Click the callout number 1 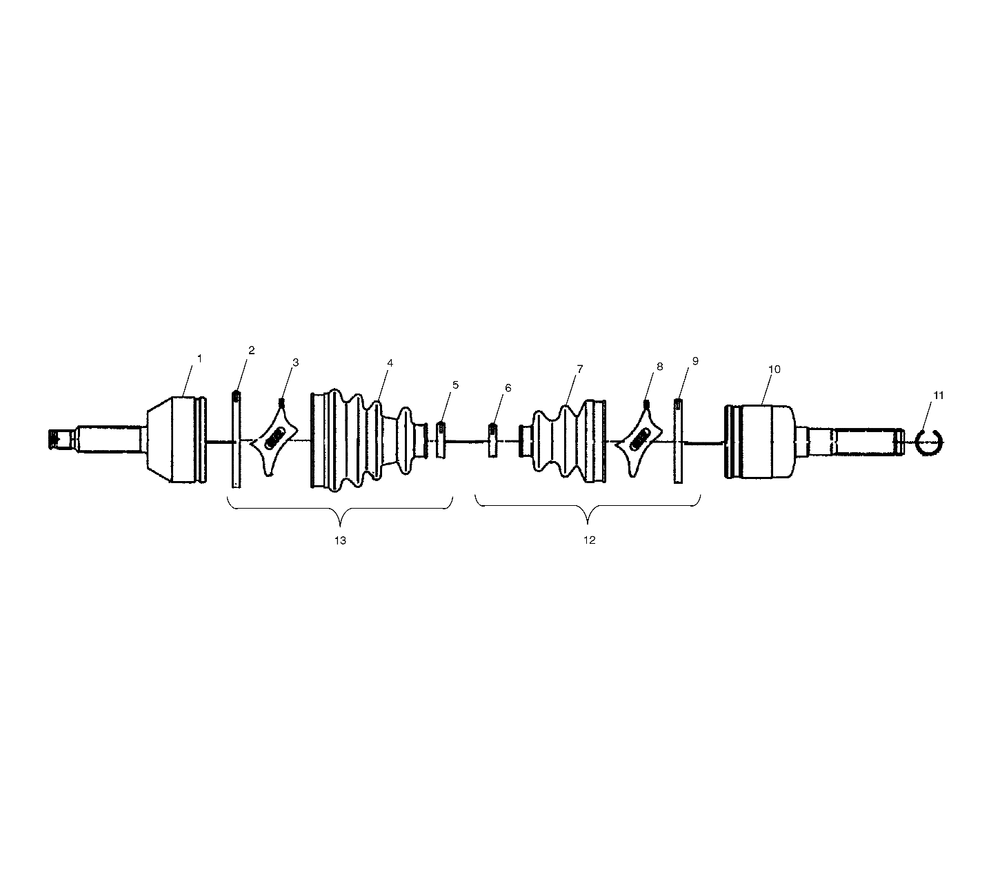pos(199,358)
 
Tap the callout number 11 pos(939,395)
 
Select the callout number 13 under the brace pos(340,540)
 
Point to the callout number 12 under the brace pos(589,540)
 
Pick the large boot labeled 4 pos(369,440)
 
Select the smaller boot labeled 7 pos(562,442)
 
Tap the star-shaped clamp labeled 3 pos(274,438)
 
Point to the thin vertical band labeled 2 pos(237,438)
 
